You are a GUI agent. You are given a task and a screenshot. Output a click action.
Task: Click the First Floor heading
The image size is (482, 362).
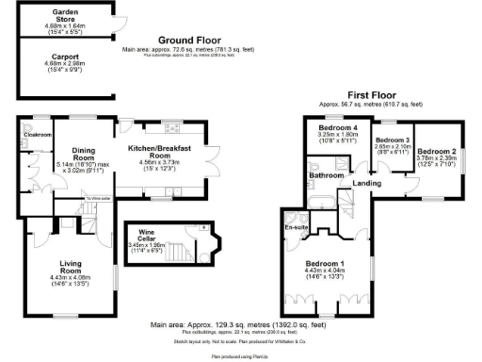coord(371,96)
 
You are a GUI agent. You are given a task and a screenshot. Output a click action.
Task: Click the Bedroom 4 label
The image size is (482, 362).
coord(338,127)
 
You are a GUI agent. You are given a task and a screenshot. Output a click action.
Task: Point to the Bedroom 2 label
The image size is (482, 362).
coord(437,151)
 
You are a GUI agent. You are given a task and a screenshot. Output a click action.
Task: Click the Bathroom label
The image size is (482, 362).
coord(328,175)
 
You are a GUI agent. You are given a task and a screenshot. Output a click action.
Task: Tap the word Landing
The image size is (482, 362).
coord(367,183)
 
